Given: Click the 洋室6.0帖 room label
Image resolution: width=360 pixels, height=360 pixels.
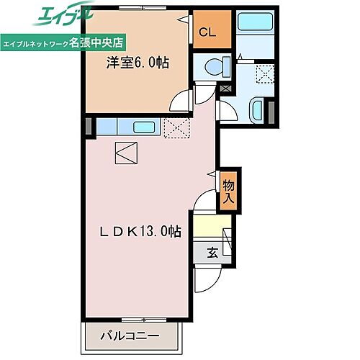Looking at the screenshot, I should (x=137, y=63).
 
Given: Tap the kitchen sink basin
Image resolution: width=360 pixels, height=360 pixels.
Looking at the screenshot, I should (x=145, y=127).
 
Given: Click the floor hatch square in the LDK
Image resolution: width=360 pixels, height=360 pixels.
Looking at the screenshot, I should (x=125, y=152).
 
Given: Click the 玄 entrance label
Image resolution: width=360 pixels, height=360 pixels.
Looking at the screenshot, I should (x=213, y=252).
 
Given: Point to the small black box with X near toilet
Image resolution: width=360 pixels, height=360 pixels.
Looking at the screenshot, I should (x=228, y=88).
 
